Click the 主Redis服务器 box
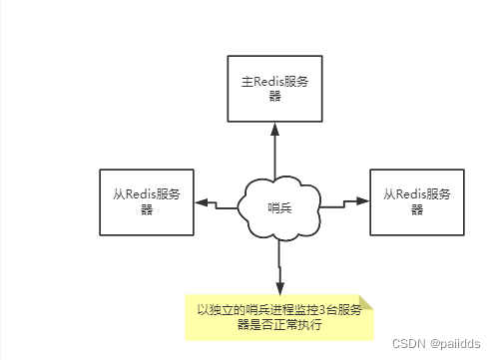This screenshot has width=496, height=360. (275, 90)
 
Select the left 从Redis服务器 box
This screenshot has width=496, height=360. (146, 201)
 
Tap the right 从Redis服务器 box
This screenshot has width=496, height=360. (416, 201)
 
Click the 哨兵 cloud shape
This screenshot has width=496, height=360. (279, 207)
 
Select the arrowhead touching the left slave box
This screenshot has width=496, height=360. (201, 203)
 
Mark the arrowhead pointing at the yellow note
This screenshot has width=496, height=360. (279, 288)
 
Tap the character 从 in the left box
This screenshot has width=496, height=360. (119, 193)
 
